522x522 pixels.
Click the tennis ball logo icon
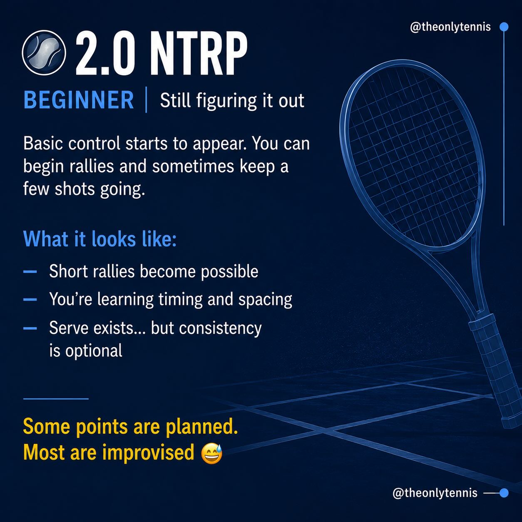pos(44,52)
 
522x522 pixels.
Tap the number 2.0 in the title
pos(104,53)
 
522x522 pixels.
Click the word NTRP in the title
pos(198,53)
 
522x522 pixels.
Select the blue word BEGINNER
pos(79,100)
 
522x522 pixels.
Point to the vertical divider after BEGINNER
pos(146,99)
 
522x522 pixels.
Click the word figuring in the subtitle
pos(226,101)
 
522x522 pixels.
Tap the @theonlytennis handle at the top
pos(450,27)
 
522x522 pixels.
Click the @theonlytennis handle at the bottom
pos(435,493)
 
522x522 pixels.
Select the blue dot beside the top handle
pos(504,27)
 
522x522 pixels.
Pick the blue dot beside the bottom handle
pos(504,493)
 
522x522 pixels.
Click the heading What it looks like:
pos(100,239)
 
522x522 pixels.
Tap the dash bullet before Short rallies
pos(30,271)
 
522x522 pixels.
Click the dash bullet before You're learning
pos(30,300)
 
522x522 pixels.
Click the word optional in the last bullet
pos(94,351)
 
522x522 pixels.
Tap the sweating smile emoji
pos(212,454)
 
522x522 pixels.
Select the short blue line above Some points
pos(56,399)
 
